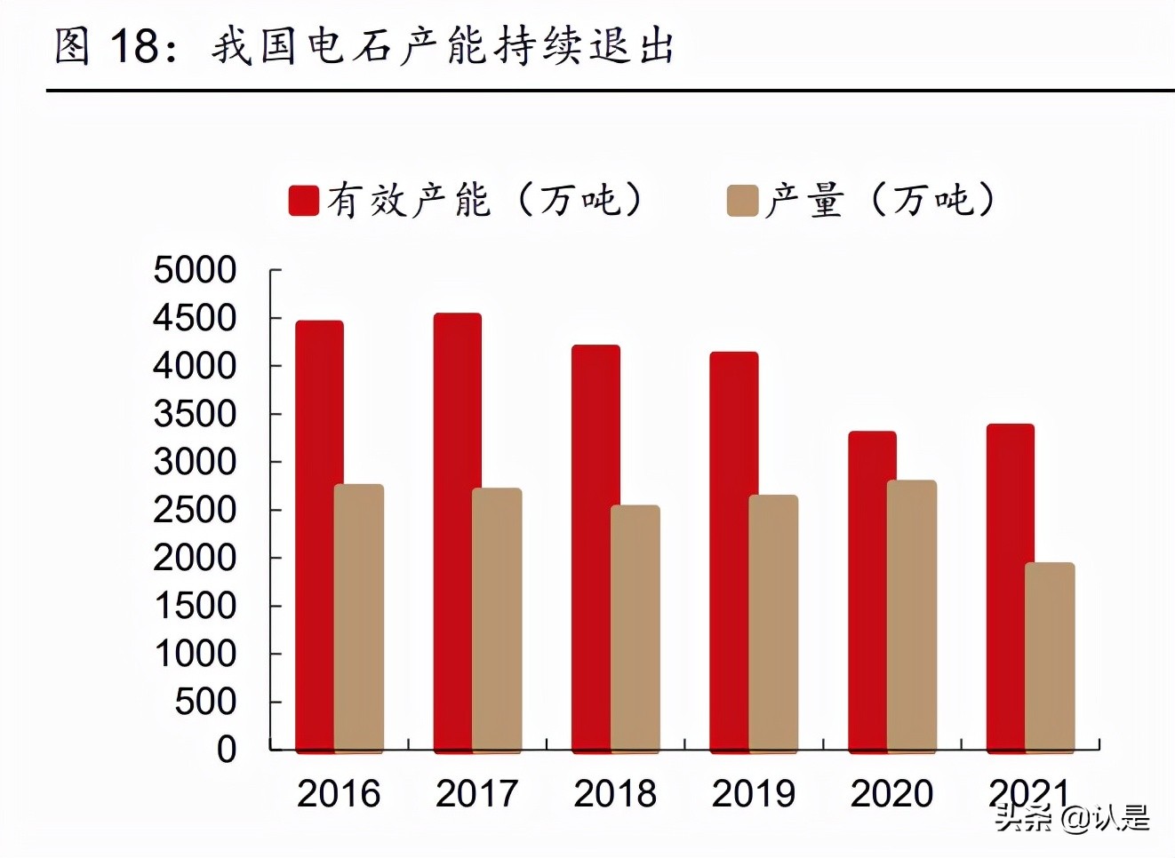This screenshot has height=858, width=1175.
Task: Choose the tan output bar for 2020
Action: pyautogui.click(x=912, y=616)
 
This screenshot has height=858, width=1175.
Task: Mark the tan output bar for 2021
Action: pyautogui.click(x=1050, y=657)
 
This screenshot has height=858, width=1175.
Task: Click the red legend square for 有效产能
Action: pyautogui.click(x=304, y=201)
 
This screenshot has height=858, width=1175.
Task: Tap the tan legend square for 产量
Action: pyautogui.click(x=743, y=201)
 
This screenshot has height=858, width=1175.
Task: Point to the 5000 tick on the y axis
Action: pyautogui.click(x=195, y=270)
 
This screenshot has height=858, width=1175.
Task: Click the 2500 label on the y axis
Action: pyautogui.click(x=195, y=510)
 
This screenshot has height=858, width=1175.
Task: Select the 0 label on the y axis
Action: pyautogui.click(x=227, y=750)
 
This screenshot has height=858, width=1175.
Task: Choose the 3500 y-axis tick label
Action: pyautogui.click(x=195, y=414)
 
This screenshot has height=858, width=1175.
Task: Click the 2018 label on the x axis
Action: pyautogui.click(x=615, y=794)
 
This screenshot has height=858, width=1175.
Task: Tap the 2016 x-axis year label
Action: pyautogui.click(x=339, y=794)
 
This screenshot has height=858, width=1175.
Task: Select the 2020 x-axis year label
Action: pyautogui.click(x=891, y=794)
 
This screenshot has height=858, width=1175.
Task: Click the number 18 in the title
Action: pyautogui.click(x=135, y=46)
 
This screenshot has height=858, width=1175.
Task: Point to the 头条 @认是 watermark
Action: pyautogui.click(x=1072, y=817)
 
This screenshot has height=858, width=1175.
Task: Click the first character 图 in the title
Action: pyautogui.click(x=73, y=46)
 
